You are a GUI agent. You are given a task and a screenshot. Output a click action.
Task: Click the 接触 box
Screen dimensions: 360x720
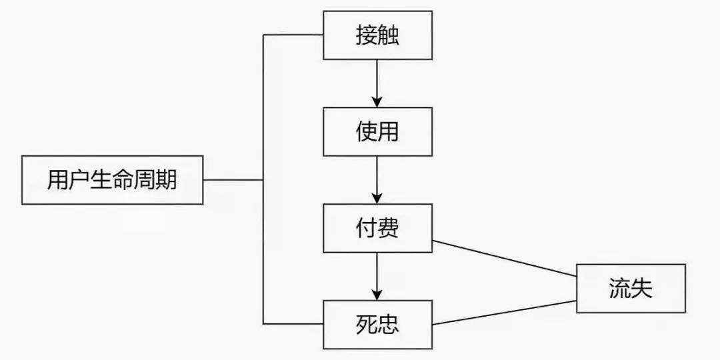click(x=377, y=36)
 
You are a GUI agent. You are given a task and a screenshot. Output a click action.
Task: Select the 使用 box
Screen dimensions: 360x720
click(x=377, y=132)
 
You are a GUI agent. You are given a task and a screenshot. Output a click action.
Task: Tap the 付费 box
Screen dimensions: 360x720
click(x=377, y=228)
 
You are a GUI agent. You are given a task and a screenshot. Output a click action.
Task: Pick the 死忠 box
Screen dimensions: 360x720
click(x=377, y=325)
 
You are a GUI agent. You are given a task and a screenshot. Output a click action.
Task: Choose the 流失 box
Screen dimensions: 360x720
click(x=631, y=288)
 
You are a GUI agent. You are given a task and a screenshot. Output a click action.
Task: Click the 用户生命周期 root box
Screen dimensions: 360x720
click(x=112, y=180)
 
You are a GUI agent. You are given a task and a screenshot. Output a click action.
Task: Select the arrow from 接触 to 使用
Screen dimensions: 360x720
click(x=377, y=83)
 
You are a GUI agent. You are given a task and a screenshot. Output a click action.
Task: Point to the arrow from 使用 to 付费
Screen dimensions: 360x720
click(x=377, y=180)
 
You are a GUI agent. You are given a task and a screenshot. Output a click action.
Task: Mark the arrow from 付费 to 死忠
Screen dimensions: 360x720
click(x=377, y=276)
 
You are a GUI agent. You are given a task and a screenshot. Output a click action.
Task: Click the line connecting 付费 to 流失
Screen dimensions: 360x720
click(x=504, y=258)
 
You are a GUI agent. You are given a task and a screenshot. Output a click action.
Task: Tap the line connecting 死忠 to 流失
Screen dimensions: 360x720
click(x=504, y=313)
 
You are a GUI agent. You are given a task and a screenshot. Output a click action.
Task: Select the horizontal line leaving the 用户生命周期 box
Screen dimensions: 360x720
click(x=233, y=180)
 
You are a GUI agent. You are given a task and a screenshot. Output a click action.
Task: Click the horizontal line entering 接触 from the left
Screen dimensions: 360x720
click(x=293, y=35)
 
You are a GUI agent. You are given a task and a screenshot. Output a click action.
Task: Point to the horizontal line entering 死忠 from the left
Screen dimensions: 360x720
click(x=293, y=324)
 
